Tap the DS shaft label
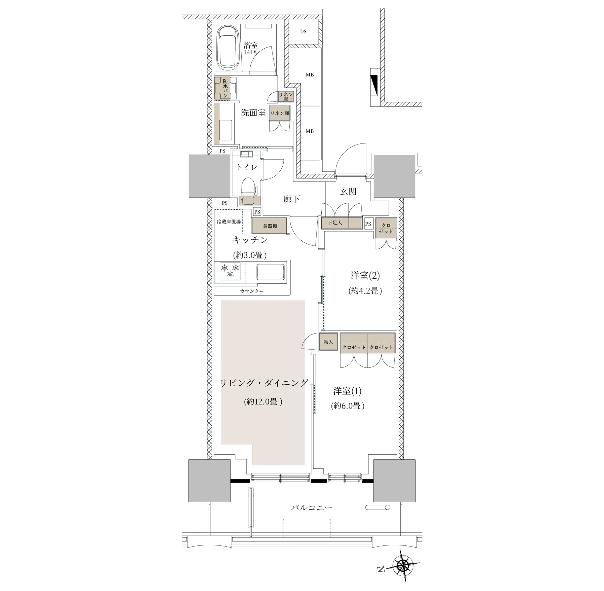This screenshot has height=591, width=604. [303, 32]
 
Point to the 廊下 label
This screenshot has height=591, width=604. [292, 199]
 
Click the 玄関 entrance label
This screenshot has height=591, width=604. [348, 192]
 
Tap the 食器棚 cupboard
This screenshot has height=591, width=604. [270, 226]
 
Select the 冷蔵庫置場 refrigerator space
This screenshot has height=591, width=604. [229, 222]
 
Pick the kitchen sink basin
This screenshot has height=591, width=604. [271, 272]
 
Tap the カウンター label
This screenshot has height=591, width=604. [252, 291]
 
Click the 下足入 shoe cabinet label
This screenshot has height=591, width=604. [334, 223]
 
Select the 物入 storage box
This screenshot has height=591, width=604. [328, 342]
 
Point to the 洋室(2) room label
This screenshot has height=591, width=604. [365, 275]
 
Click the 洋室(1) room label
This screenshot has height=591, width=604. [347, 391]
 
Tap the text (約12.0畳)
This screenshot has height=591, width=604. [263, 402]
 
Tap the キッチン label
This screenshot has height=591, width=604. [250, 240]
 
